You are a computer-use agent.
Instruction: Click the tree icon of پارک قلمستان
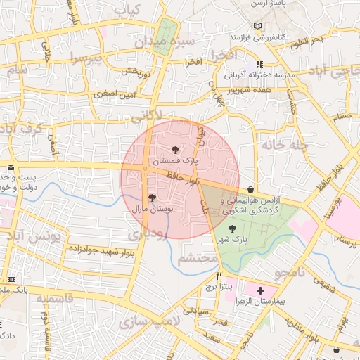175,149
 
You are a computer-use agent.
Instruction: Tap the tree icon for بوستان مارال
152,198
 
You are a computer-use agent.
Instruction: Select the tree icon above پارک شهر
232,227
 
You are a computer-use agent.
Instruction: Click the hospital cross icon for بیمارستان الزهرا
261,290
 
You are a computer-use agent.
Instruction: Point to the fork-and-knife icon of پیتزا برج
219,276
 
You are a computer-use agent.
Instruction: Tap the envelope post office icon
10,167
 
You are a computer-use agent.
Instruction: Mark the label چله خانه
285,144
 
